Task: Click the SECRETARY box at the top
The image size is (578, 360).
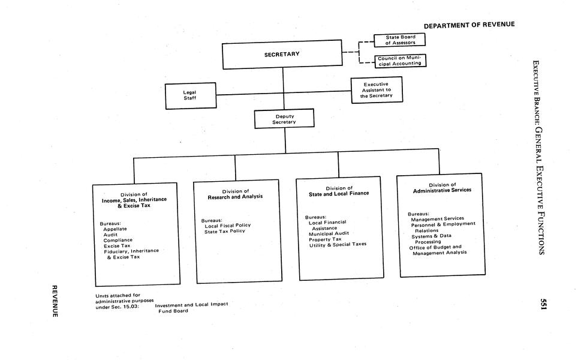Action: (x=282, y=55)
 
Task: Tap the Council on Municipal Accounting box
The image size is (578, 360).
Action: (x=399, y=61)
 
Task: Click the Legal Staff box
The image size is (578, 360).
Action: (x=190, y=95)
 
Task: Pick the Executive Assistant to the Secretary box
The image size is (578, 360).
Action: (x=376, y=90)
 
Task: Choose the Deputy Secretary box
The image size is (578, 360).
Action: (x=284, y=119)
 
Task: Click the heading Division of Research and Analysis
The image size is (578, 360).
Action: (x=235, y=194)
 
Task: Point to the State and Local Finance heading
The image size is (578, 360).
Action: (x=339, y=191)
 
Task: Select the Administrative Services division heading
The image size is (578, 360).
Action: (x=442, y=187)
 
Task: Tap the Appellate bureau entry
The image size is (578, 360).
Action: (x=115, y=229)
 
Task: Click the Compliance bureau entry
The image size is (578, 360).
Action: (x=118, y=240)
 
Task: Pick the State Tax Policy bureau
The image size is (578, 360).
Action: (x=225, y=231)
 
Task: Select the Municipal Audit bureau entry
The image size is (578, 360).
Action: (x=329, y=233)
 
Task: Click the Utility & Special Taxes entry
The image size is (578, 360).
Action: (x=338, y=244)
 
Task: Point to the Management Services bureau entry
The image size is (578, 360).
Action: (x=437, y=218)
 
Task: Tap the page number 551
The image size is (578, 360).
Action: (x=543, y=304)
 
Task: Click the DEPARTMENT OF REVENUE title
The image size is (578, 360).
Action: (x=469, y=25)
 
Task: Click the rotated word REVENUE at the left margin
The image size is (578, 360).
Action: (x=53, y=301)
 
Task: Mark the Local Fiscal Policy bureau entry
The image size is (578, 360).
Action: (x=227, y=225)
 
